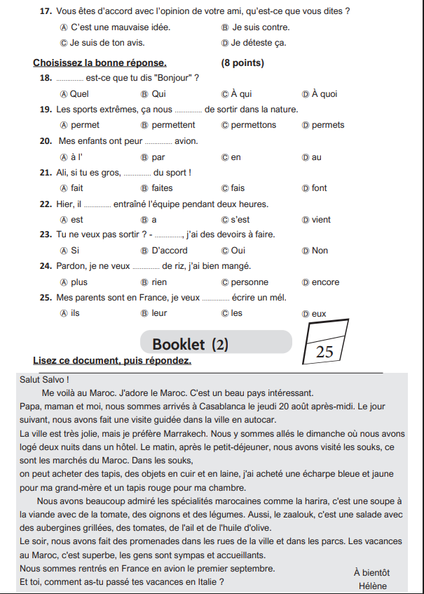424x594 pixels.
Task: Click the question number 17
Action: tap(47, 11)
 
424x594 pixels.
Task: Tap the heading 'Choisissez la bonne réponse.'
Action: tap(100, 63)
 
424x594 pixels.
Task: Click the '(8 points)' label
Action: tap(242, 63)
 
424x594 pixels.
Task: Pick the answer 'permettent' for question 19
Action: tap(173, 125)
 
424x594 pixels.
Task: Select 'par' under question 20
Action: tap(158, 157)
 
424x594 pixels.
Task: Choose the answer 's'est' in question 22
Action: tap(240, 220)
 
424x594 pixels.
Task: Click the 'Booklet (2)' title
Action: tap(190, 344)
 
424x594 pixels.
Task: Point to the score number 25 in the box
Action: tap(324, 352)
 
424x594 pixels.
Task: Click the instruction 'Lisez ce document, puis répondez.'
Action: tap(112, 361)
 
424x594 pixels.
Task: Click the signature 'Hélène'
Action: tap(372, 586)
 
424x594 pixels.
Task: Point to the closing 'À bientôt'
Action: tap(371, 572)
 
